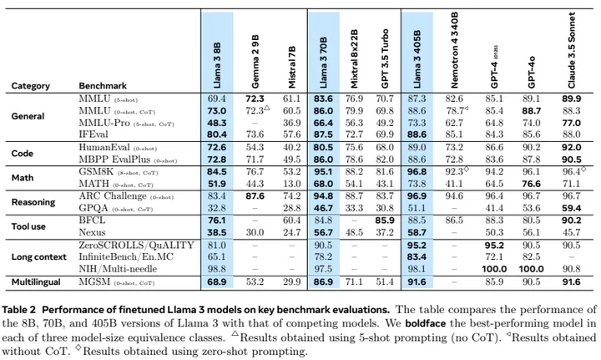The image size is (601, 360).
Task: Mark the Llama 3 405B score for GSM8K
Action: [419, 171]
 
